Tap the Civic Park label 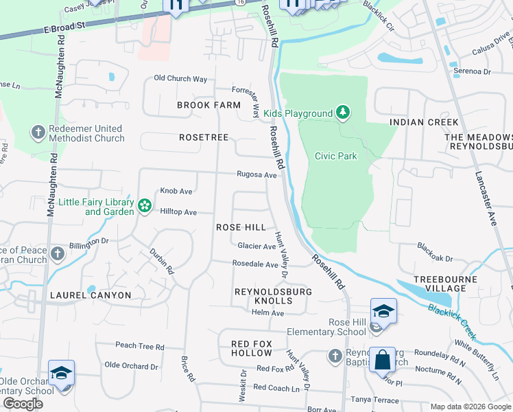pos(335,156)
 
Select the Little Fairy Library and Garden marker pos(144,206)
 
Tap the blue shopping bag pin pos(381,359)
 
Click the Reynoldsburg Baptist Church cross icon pos(335,356)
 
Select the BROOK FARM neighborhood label pos(208,105)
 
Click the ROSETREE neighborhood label pos(203,137)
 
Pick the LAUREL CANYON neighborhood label pos(90,295)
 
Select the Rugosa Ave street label pos(256,175)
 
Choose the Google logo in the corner pos(23,404)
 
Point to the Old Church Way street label pos(180,79)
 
